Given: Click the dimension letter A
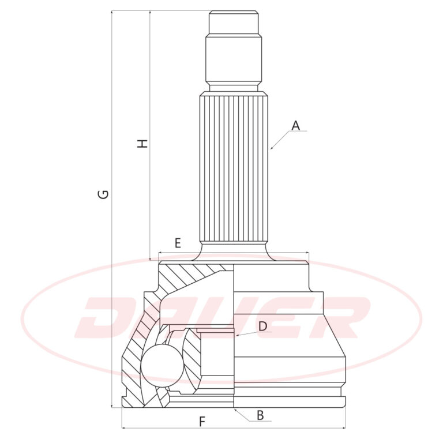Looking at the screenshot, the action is tap(295, 125).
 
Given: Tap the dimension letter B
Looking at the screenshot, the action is tap(260, 415).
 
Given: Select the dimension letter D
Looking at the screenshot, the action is tap(262, 326).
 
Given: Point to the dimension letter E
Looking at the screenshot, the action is tap(178, 243).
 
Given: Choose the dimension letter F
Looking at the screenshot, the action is tap(202, 422).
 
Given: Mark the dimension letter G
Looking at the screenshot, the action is tap(103, 194).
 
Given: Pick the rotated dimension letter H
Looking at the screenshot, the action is tap(142, 144).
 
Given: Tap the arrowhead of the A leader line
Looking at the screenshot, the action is tap(272, 148).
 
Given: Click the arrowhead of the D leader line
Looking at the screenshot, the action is tap(237, 335).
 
